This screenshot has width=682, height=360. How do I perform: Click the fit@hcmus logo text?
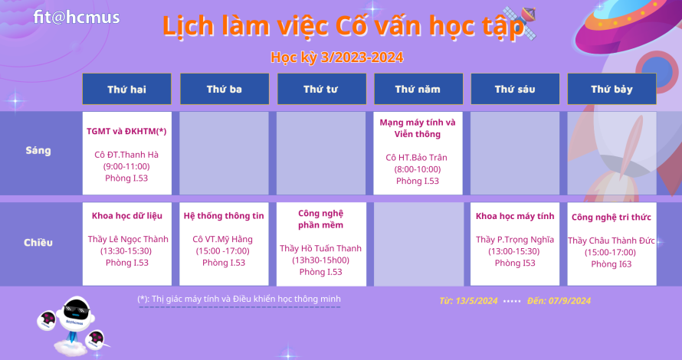77,18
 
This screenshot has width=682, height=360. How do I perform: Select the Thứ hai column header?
126,89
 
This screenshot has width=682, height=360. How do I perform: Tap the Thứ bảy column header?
612,89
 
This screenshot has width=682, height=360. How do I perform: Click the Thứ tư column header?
321,89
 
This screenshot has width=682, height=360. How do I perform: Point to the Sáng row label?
38,150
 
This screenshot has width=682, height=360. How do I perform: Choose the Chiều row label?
38,242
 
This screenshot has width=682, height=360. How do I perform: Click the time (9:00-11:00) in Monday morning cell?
126,166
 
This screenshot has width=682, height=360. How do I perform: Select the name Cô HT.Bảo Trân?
416,157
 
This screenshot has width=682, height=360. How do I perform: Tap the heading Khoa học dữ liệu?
127,216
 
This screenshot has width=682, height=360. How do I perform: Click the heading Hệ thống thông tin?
224,216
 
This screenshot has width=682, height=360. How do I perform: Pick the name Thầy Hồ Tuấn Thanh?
320,248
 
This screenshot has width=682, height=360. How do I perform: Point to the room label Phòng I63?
611,264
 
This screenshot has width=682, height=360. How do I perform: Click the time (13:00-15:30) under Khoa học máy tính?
514,251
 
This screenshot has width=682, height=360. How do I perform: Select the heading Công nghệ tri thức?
611,217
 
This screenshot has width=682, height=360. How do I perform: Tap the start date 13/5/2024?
477,301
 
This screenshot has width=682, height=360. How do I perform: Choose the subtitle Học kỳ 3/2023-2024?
337,57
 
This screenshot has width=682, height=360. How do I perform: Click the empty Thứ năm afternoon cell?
418,244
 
